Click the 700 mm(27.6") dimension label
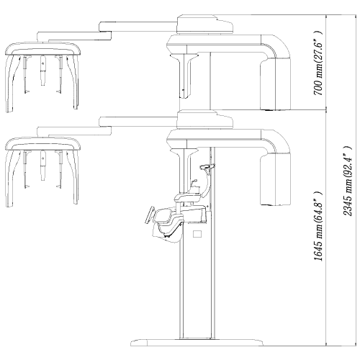click(318, 63)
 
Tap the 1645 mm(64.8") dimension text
click(318, 226)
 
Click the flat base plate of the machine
click(197, 342)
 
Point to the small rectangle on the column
click(197, 234)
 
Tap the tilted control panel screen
click(150, 215)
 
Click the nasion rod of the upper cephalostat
click(42, 71)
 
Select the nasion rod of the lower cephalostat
click(42, 166)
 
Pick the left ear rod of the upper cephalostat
click(25, 75)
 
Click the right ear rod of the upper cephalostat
click(60, 75)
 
